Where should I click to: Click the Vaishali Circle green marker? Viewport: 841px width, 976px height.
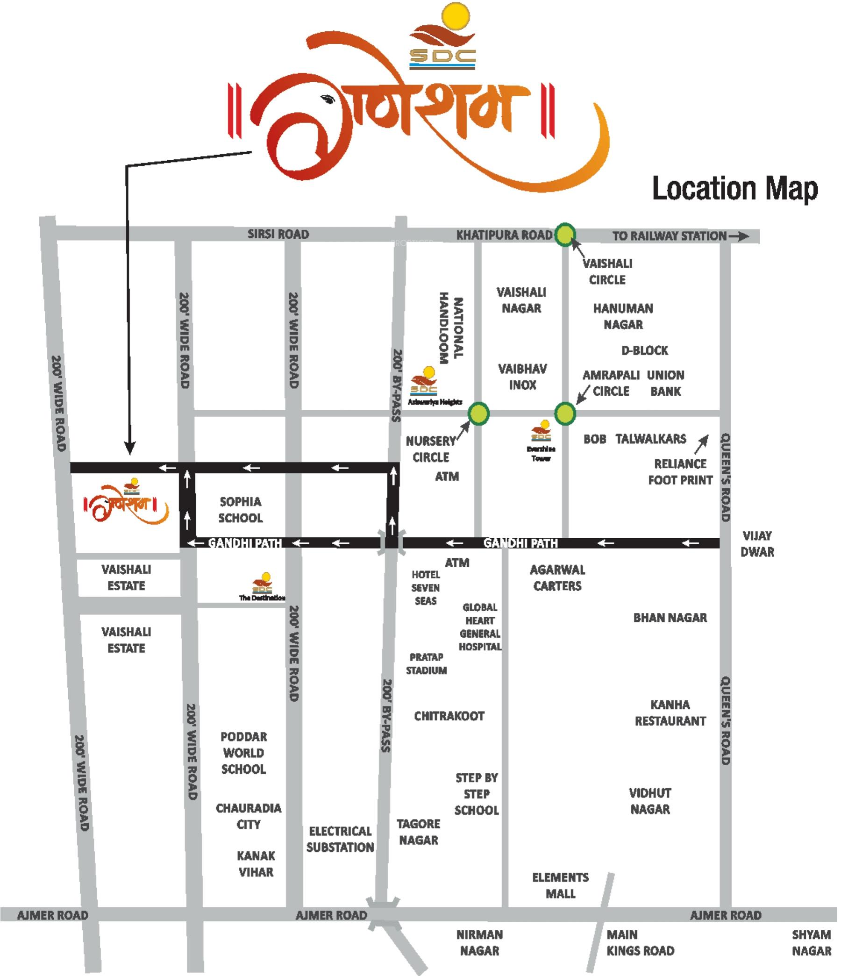565,235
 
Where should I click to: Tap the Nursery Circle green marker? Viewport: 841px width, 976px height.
478,414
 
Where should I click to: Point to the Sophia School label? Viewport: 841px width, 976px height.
240,510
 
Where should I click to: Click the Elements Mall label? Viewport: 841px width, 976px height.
560,885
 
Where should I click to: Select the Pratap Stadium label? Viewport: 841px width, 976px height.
427,664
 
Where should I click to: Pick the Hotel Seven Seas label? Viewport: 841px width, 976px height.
426,587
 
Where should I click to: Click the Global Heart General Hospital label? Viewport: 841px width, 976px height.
480,627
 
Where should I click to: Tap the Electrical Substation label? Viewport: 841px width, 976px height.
340,839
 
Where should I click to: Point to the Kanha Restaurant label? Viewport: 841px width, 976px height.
670,712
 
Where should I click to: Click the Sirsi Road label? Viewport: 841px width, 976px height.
278,234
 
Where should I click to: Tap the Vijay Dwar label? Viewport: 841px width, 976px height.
757,543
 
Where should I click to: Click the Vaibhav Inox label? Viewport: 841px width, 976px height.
522,377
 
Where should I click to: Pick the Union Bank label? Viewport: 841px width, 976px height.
665,383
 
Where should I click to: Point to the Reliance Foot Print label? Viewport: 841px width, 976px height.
680,472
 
